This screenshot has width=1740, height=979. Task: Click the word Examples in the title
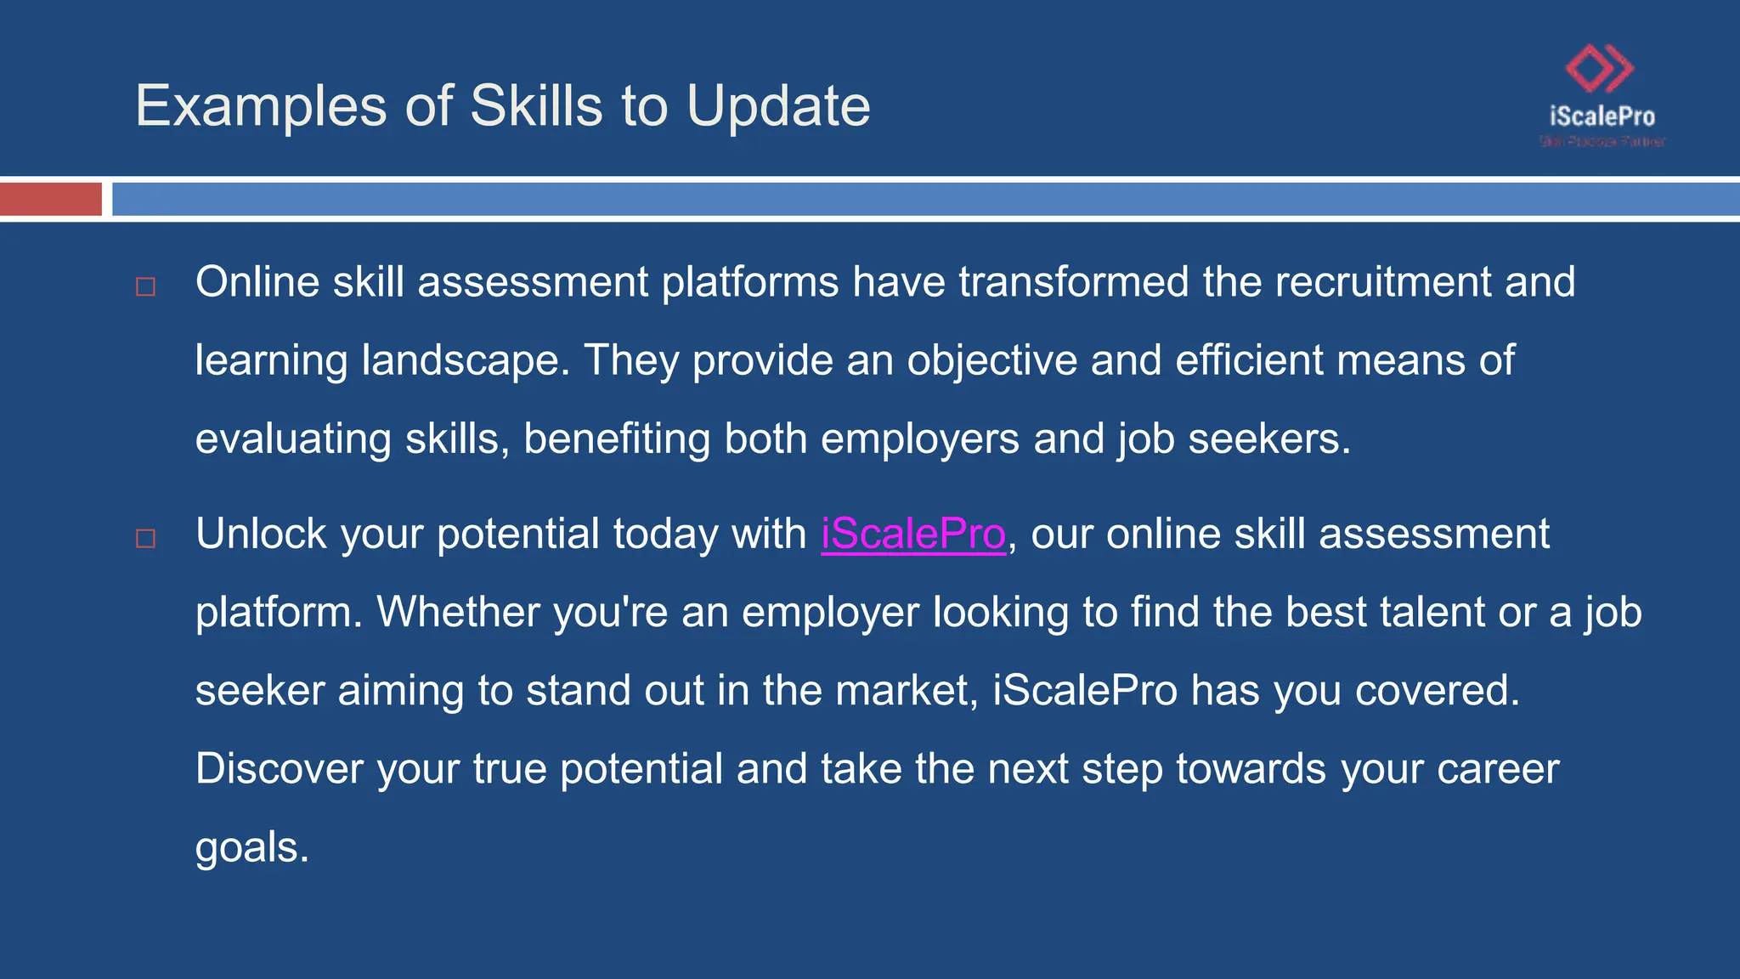click(x=261, y=106)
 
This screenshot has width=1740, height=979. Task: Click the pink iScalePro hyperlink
click(x=913, y=535)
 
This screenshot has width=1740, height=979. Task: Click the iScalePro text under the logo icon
click(x=1602, y=116)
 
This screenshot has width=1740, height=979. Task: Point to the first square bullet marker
click(x=146, y=286)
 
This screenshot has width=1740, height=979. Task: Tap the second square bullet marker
click(x=146, y=538)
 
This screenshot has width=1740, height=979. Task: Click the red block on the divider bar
click(x=50, y=199)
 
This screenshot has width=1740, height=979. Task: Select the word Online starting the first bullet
click(x=257, y=282)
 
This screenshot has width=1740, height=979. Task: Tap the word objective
click(x=991, y=360)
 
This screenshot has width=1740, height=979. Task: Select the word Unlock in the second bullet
click(x=261, y=535)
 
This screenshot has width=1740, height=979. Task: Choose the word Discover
click(x=280, y=769)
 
